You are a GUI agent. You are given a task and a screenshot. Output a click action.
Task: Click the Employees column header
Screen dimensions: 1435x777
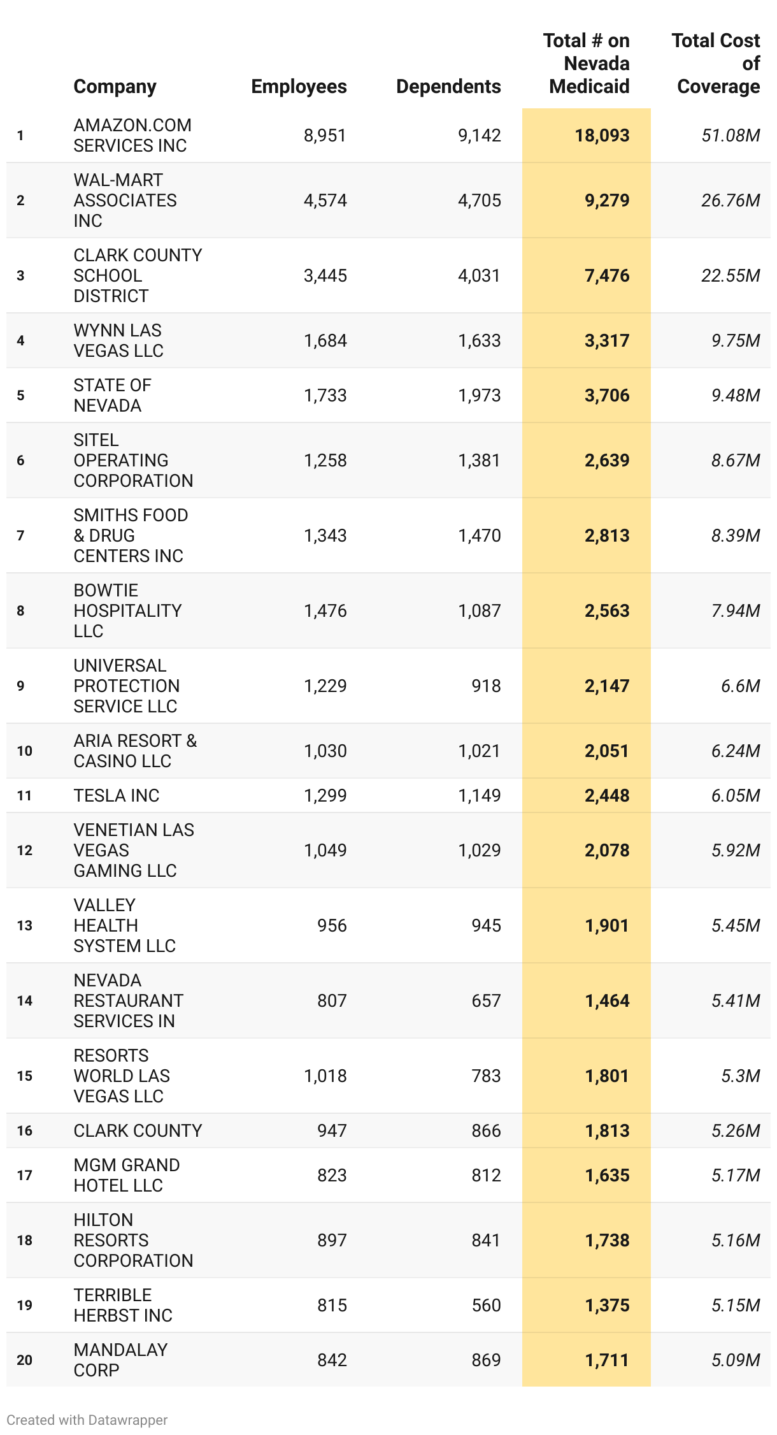[x=299, y=87]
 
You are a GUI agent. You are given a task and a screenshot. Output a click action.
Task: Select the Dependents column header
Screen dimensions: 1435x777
[x=448, y=87]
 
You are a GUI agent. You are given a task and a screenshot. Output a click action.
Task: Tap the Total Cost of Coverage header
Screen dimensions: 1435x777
[x=717, y=64]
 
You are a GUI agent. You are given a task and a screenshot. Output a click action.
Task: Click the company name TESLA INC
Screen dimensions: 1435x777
[x=117, y=795]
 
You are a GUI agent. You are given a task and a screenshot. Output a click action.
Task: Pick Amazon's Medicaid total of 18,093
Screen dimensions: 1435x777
[x=602, y=135]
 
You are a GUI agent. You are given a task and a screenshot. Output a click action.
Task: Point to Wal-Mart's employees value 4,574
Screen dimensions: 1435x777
[x=325, y=200]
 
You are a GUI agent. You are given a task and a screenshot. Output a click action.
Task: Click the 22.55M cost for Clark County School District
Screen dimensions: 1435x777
[x=731, y=275]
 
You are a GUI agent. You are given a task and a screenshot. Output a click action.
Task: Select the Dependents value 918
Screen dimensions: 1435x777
[x=486, y=686]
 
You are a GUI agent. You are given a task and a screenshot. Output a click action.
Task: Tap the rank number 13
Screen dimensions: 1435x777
[x=24, y=925]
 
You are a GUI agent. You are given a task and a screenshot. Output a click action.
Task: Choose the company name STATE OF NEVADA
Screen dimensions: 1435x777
[x=112, y=395]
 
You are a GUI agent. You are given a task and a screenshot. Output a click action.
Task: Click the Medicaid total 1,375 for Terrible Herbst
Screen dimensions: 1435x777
[x=607, y=1305]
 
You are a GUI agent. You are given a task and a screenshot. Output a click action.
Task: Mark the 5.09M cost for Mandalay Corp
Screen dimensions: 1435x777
[x=736, y=1360]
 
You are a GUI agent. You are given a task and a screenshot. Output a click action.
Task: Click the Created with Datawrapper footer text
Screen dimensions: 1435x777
[x=87, y=1420]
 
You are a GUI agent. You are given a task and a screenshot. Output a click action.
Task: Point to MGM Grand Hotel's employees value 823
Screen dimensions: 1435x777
[x=332, y=1175]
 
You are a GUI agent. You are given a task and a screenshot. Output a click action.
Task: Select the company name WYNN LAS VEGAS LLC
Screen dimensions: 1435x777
[x=118, y=340]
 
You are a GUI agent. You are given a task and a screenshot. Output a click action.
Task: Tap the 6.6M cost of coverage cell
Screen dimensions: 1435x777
[x=740, y=686]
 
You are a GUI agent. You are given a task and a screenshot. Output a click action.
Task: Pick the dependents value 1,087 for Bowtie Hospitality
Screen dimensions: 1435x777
[x=480, y=610]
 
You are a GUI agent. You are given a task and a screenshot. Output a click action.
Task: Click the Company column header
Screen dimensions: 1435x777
[x=115, y=87]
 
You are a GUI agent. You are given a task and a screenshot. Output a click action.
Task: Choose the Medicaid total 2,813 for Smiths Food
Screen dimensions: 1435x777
[x=607, y=535]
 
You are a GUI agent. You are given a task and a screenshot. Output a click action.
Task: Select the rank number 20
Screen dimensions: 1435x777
[x=24, y=1360]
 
